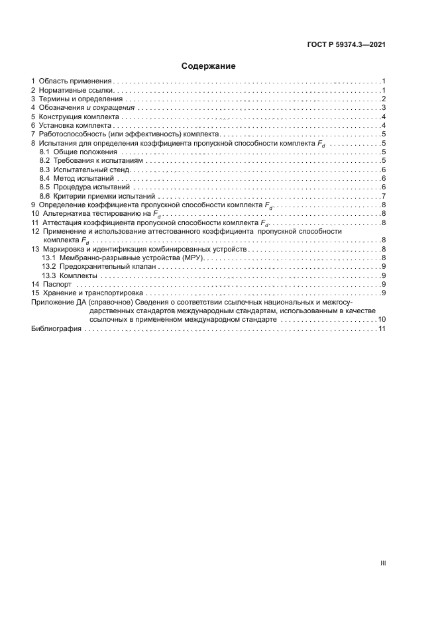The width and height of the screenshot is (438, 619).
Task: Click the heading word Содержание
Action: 209,66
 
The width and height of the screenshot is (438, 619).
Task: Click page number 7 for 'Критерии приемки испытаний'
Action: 384,197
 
